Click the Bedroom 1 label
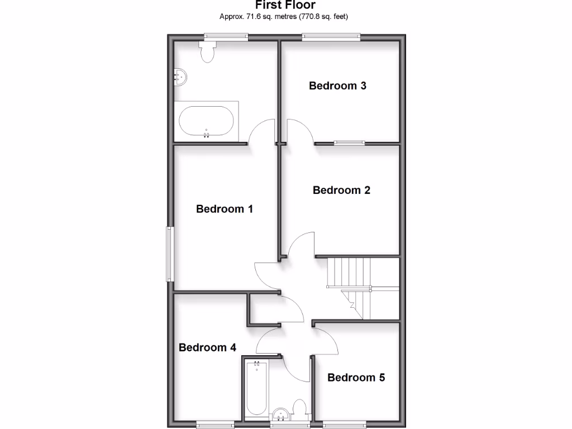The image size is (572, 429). tap(225, 209)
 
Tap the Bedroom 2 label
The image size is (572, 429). tap(341, 190)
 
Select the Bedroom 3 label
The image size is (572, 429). tap(337, 85)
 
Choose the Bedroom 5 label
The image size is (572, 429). tap(356, 378)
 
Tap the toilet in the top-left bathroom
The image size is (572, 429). tap(208, 52)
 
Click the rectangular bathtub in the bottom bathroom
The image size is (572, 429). tap(256, 389)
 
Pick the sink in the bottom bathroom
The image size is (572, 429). tap(281, 414)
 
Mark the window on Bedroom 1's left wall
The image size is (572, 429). tap(169, 254)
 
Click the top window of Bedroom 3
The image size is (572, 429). tap(331, 37)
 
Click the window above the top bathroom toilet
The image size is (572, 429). tap(226, 37)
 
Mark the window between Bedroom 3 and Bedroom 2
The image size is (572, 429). tap(350, 142)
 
